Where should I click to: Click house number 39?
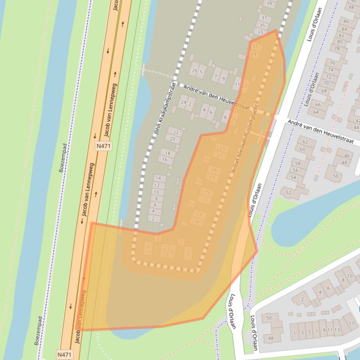point(269,4)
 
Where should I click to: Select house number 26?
point(195,72)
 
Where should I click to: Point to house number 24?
point(184,102)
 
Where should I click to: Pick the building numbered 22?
point(175,132)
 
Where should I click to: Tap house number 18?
point(168,153)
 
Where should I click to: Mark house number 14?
point(158,178)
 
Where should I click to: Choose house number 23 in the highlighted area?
point(222,149)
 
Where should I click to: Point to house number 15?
point(206,192)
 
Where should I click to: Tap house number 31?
point(255,47)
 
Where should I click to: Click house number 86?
point(346,22)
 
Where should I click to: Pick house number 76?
point(332,63)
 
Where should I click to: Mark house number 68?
point(323,91)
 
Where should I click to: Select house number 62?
point(306,142)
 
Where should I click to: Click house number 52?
point(289,193)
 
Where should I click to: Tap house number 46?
point(346,156)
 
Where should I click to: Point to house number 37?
point(264,18)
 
